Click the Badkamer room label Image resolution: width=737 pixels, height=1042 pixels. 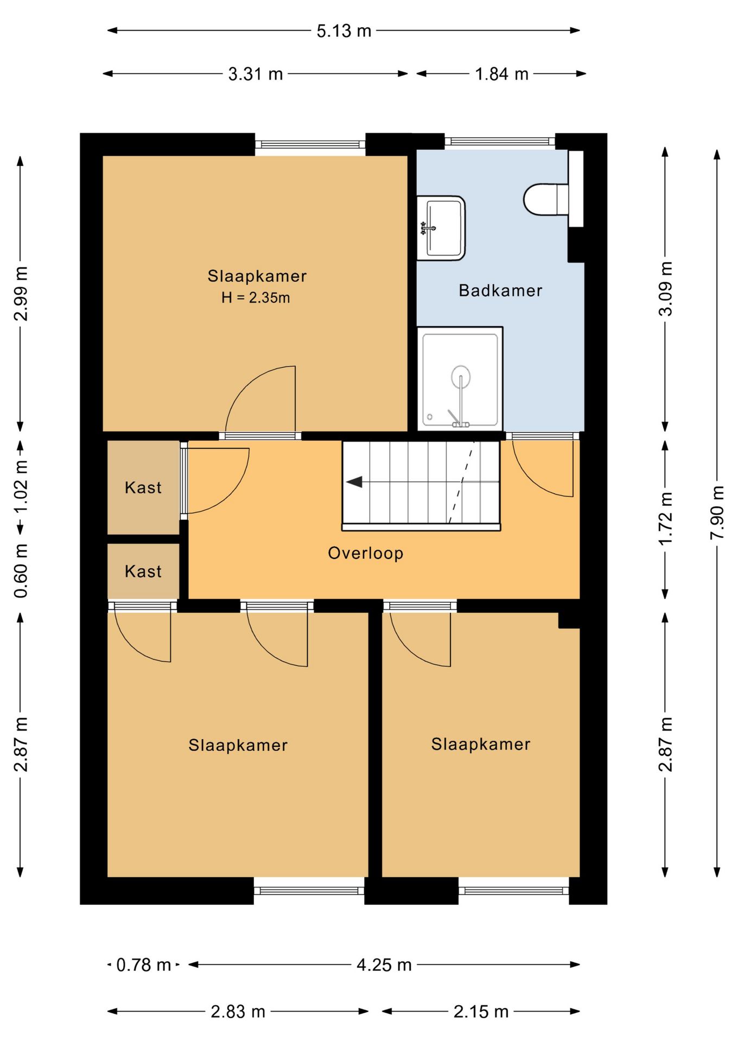pos(500,290)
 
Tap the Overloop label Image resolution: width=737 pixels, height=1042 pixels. pos(366,553)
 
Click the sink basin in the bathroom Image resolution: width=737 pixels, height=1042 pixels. pos(441,228)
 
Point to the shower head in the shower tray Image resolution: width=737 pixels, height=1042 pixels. pos(460,376)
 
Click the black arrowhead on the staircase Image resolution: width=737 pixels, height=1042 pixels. pos(354,481)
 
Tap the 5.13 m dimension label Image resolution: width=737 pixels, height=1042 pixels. pos(344,31)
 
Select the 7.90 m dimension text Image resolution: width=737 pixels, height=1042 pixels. pos(717,512)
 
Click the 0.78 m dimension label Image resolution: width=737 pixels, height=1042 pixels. pos(144,964)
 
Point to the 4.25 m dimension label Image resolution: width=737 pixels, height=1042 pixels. pos(384,964)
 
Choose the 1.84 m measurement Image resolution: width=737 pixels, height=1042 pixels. pos(501,74)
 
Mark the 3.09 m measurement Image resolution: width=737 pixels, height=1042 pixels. pos(665,289)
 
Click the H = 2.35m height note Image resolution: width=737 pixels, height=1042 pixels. pos(256,297)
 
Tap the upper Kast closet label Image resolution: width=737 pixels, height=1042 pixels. pos(143,487)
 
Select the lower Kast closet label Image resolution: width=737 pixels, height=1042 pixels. pos(143,571)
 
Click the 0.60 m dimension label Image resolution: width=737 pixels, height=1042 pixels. pos(21,570)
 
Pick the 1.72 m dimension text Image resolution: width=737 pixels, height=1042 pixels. pos(665,518)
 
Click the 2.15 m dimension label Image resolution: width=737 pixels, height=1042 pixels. pos(481,1011)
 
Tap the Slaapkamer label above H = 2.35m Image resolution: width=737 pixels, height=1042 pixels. pos(257,276)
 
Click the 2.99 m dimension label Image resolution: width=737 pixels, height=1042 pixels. pos(21,294)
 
